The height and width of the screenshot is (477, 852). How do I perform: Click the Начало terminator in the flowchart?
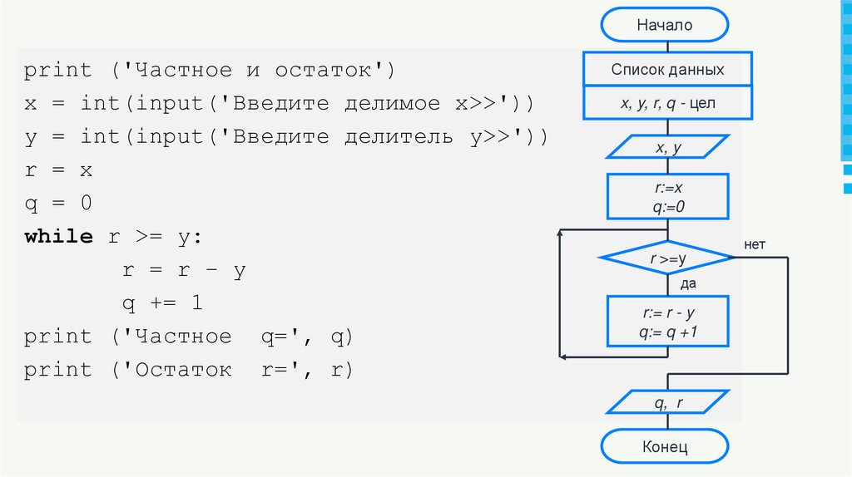click(x=665, y=26)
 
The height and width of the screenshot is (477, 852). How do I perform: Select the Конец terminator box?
click(x=665, y=447)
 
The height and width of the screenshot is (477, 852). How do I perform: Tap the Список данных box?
click(x=667, y=70)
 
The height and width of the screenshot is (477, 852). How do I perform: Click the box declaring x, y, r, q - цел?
click(x=667, y=104)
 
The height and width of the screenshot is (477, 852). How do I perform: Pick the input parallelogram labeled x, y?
click(x=668, y=148)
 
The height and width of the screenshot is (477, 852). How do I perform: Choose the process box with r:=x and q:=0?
click(x=668, y=196)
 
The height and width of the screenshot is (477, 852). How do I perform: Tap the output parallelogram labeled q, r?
click(x=668, y=403)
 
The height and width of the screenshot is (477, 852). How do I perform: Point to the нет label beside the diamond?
click(x=755, y=244)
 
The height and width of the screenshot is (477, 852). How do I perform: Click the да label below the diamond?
click(x=688, y=284)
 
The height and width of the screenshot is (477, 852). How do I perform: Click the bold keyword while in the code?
click(x=58, y=236)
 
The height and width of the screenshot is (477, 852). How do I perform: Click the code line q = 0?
click(x=57, y=204)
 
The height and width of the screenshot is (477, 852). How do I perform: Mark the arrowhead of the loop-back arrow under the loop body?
click(x=562, y=356)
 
